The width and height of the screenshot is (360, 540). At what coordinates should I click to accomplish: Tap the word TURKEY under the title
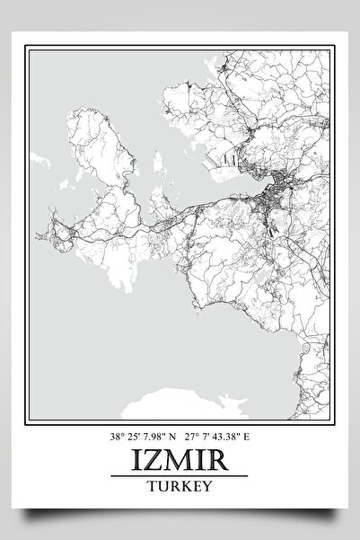[x=179, y=487]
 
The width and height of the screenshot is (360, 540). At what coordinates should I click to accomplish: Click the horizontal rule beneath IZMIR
[x=179, y=477]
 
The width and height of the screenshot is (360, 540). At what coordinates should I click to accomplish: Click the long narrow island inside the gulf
[x=158, y=167]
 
